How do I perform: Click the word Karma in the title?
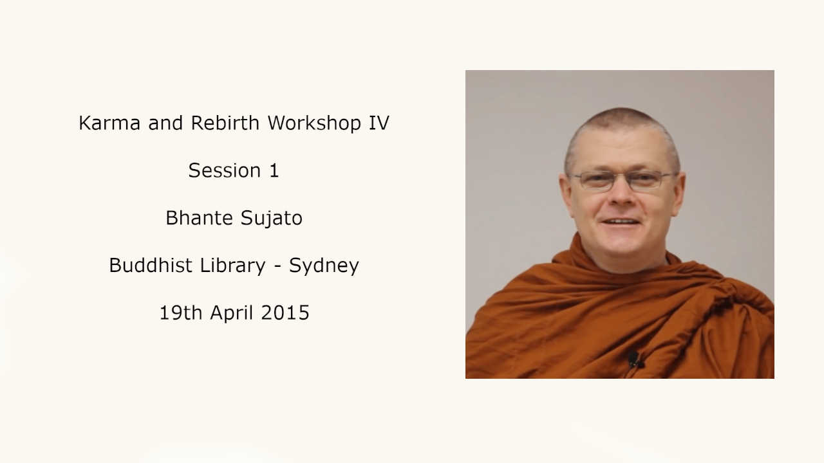tap(109, 123)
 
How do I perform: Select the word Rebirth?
tap(225, 122)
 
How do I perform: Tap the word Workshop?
tap(314, 123)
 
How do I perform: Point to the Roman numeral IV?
tap(379, 123)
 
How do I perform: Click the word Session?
tap(225, 170)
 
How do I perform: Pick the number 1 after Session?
tap(274, 170)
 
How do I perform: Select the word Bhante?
tap(199, 217)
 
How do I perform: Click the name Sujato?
tap(272, 219)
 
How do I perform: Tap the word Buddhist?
tap(151, 265)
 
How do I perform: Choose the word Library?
tap(232, 266)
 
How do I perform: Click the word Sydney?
tap(324, 266)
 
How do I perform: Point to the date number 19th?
tap(181, 313)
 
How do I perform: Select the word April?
tap(231, 313)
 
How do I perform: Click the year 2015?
tap(285, 313)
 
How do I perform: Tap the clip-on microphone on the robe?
tap(633, 359)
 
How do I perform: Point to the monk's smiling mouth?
tap(621, 222)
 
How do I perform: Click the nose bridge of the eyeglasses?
tap(622, 177)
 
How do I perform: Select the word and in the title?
tap(165, 123)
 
